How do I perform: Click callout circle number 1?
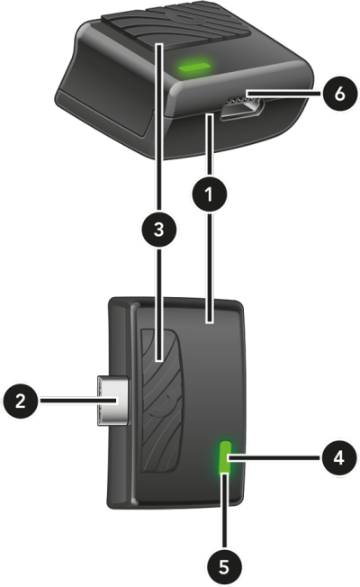[210, 194]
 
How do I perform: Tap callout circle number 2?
[21, 401]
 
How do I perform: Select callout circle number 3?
[159, 229]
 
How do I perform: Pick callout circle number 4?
[338, 457]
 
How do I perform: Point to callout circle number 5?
[224, 567]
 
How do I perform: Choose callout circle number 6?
[339, 94]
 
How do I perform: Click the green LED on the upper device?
[194, 67]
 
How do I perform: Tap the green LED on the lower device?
[225, 457]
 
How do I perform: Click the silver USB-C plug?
[113, 401]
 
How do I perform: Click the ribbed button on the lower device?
[160, 401]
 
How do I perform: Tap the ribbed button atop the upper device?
[175, 29]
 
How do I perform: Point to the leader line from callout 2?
[79, 401]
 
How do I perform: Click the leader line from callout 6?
[283, 93]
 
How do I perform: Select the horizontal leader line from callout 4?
[274, 457]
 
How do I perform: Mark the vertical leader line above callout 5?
[224, 511]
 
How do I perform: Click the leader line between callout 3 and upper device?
[159, 127]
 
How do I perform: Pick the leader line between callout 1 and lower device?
[210, 267]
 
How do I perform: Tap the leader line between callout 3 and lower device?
[159, 304]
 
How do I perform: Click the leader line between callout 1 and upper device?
[210, 146]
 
